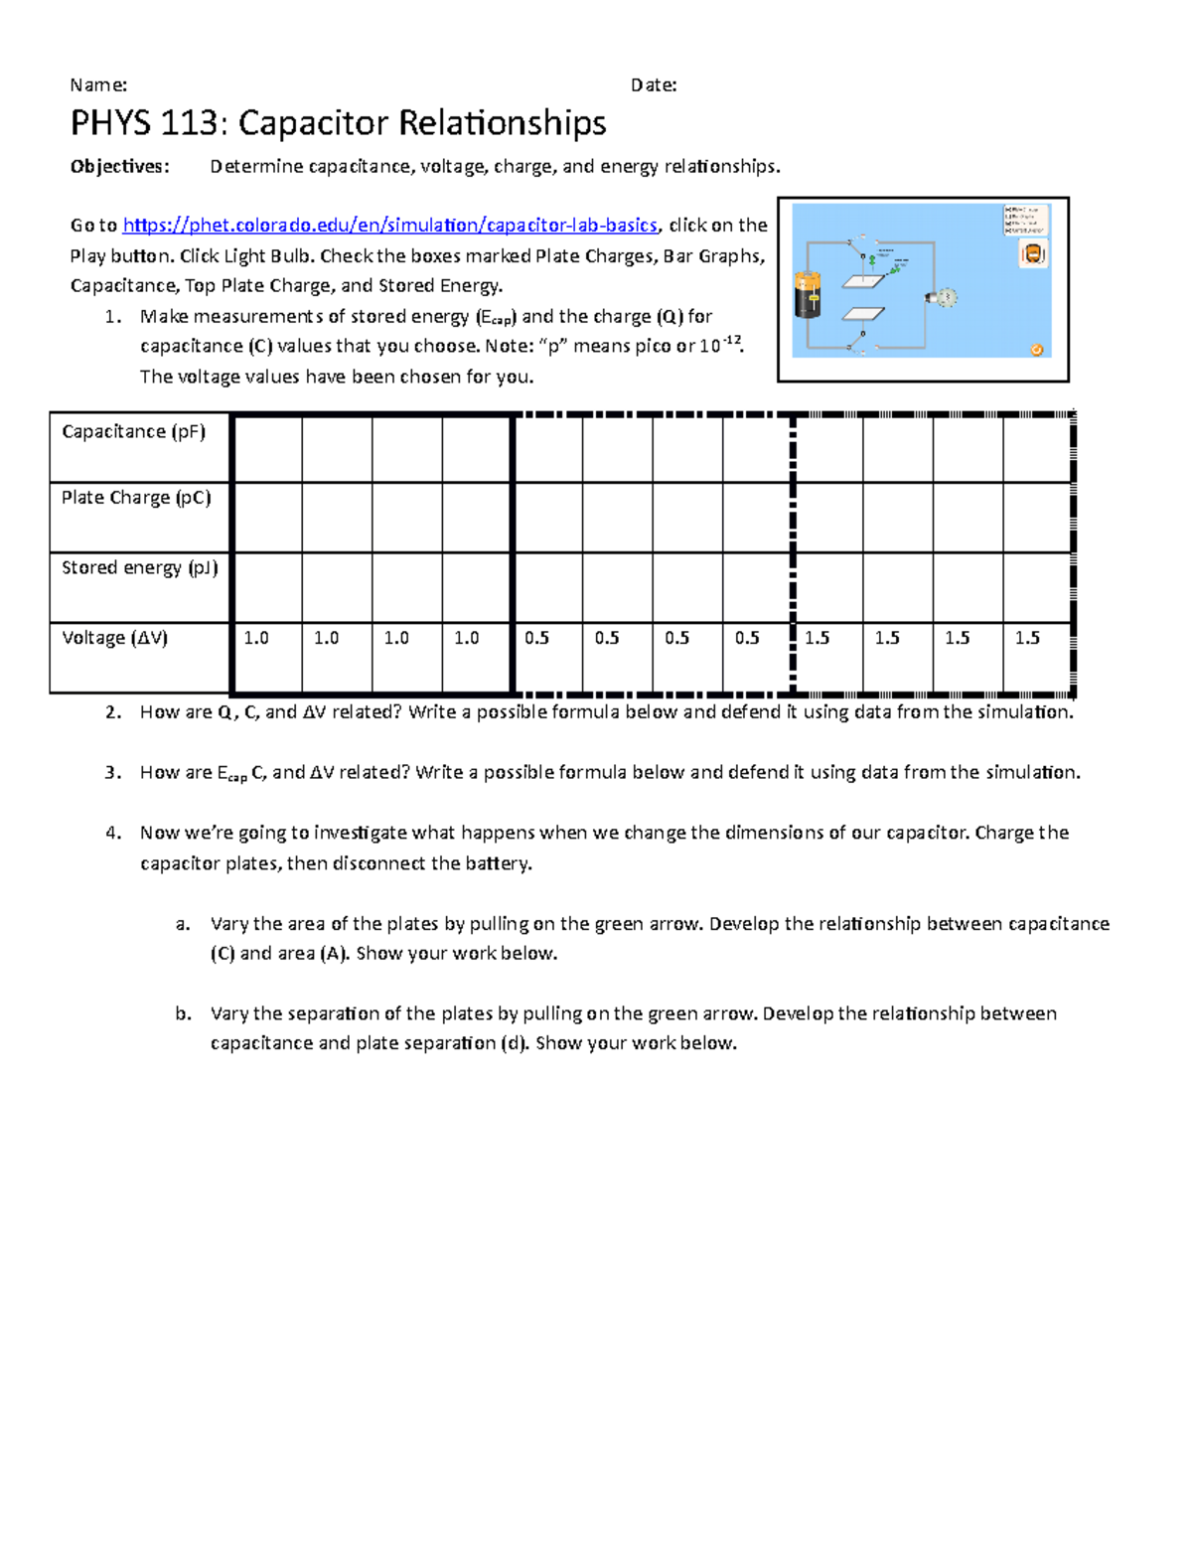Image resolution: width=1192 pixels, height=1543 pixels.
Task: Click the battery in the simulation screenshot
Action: coord(809,295)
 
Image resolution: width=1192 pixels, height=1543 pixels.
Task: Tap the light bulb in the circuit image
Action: coord(942,297)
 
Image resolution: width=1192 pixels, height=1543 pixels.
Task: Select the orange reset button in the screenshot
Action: coord(1036,349)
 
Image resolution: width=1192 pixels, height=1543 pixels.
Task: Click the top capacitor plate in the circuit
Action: coord(863,281)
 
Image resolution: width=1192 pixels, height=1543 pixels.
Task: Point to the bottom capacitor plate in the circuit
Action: coord(863,314)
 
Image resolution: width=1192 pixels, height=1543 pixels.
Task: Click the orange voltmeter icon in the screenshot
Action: coord(1033,254)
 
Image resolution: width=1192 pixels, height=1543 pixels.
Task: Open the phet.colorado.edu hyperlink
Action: coord(389,226)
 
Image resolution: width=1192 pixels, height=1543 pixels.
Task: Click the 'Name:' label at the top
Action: coord(98,85)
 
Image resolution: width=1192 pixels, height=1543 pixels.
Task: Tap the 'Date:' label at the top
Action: coord(654,85)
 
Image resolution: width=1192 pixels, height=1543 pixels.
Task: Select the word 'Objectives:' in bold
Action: coord(119,167)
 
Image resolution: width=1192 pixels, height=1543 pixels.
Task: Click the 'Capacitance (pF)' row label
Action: coord(133,432)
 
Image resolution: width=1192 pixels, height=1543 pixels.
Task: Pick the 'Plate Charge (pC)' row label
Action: coord(136,498)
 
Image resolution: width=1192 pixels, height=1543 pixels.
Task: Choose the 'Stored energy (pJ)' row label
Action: coord(139,567)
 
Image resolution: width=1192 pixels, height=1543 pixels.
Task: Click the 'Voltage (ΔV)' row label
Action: coord(114,638)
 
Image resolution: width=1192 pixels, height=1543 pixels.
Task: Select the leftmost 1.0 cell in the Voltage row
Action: coord(256,638)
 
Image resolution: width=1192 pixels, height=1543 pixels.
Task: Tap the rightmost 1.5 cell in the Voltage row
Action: coord(1027,638)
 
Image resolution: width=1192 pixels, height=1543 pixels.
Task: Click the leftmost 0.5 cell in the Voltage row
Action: coord(536,638)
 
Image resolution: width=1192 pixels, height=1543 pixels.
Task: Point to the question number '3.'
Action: coord(113,773)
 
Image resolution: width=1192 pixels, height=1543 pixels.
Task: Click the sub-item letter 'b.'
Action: coord(183,1014)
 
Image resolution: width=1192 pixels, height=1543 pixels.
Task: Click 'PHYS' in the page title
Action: coord(109,123)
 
